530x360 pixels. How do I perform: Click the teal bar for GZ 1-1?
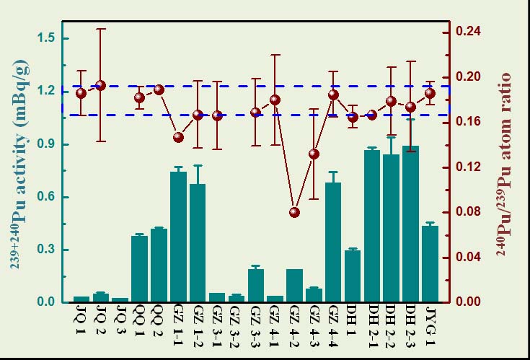179,237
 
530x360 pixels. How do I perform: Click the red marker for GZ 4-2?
294,212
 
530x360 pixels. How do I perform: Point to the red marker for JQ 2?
101,85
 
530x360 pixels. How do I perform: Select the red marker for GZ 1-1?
179,137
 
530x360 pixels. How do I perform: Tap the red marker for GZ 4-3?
314,154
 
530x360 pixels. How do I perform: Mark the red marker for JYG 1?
430,93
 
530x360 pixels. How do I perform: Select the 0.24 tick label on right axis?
469,32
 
